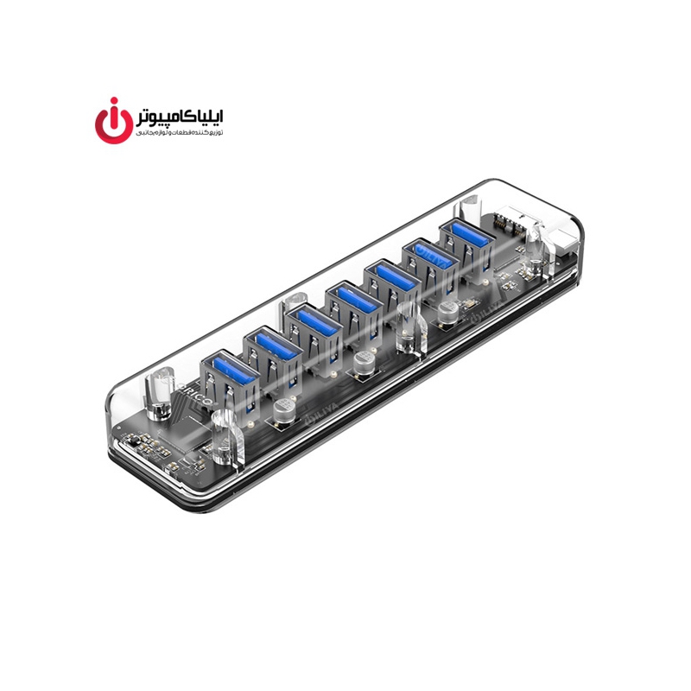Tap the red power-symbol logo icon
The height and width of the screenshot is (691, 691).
click(112, 124)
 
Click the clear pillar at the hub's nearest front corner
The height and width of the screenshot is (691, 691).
click(225, 437)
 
